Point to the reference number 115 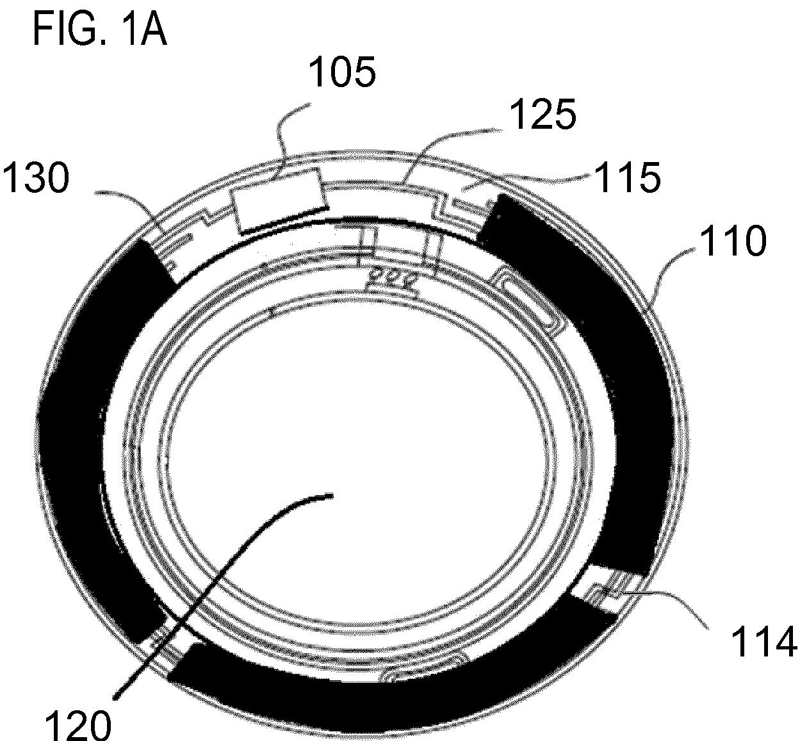(627, 177)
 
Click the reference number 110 (733, 241)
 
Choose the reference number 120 (78, 724)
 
